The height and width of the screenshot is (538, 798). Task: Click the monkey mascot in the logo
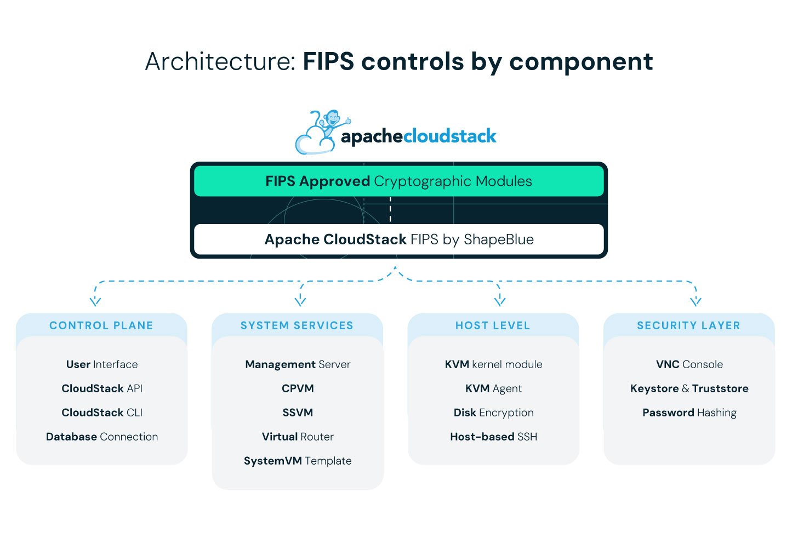330,123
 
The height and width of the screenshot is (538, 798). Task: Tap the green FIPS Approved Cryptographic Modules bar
398,181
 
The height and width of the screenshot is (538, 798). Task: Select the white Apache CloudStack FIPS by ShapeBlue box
398,239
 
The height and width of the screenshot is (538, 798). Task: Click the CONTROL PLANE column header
101,325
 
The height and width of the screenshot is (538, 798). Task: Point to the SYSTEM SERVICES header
297,325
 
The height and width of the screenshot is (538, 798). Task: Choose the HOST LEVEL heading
493,325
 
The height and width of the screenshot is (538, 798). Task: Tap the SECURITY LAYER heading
688,325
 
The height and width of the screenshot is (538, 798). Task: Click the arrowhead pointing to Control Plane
95,301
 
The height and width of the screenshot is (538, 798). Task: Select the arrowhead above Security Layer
696,301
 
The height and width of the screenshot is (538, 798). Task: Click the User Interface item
102,364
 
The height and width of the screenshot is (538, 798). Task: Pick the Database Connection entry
102,437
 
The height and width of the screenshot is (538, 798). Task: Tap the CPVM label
298,388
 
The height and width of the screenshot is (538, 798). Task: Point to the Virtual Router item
298,437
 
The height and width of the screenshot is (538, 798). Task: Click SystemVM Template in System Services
298,461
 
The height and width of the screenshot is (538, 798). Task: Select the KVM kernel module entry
493,364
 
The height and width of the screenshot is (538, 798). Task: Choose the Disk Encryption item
493,413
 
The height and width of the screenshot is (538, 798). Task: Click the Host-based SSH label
493,437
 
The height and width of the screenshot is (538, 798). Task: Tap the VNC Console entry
689,364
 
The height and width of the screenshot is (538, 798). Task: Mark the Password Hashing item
689,413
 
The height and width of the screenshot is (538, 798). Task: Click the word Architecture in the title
220,61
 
